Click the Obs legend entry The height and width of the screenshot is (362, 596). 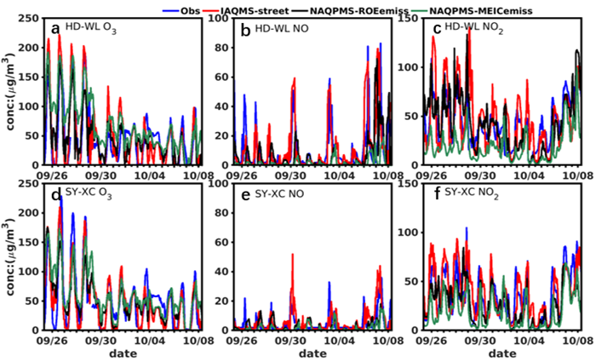tap(190, 9)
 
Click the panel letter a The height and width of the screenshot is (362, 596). tap(55, 29)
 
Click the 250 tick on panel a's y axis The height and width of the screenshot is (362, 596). tap(32, 18)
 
